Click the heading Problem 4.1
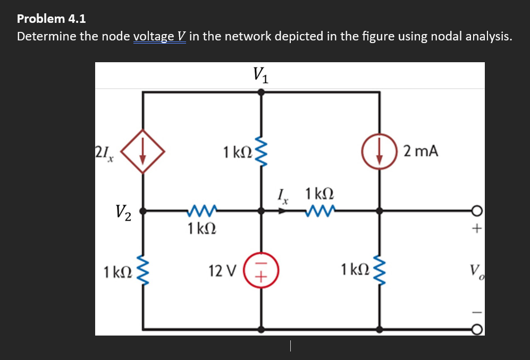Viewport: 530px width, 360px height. (51, 19)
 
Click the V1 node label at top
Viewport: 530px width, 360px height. (260, 75)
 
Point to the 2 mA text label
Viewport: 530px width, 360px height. (420, 152)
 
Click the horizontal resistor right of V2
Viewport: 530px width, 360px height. (200, 212)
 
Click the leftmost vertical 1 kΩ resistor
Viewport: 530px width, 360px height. (142, 272)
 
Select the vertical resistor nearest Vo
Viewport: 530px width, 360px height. (379, 272)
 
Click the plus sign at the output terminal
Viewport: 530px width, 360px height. (477, 230)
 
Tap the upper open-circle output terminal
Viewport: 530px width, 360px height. (477, 212)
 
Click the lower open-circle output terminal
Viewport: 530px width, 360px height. (477, 330)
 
